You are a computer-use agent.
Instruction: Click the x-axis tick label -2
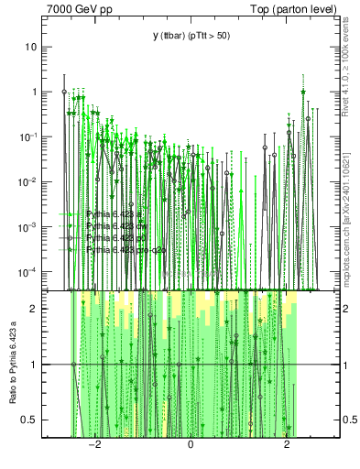pos(93,445)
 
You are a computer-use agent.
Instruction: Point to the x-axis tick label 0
pos(191,445)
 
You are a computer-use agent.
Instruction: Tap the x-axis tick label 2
pos(288,445)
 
